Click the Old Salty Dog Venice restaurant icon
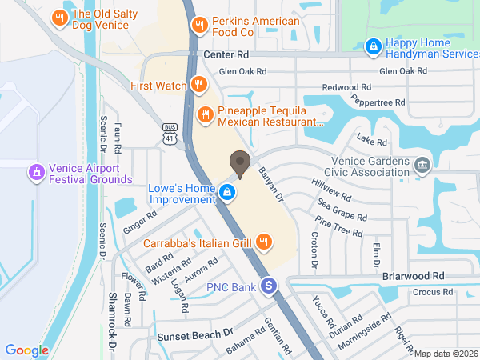58,17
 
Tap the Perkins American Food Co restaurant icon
199,25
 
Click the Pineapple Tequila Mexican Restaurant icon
206,114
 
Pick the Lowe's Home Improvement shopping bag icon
228,192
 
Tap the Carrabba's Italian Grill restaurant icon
262,242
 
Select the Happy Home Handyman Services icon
372,47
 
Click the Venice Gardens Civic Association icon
422,165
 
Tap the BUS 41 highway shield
170,134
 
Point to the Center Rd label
226,55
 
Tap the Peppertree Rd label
378,102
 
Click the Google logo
26,350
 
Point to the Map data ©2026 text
446,354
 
